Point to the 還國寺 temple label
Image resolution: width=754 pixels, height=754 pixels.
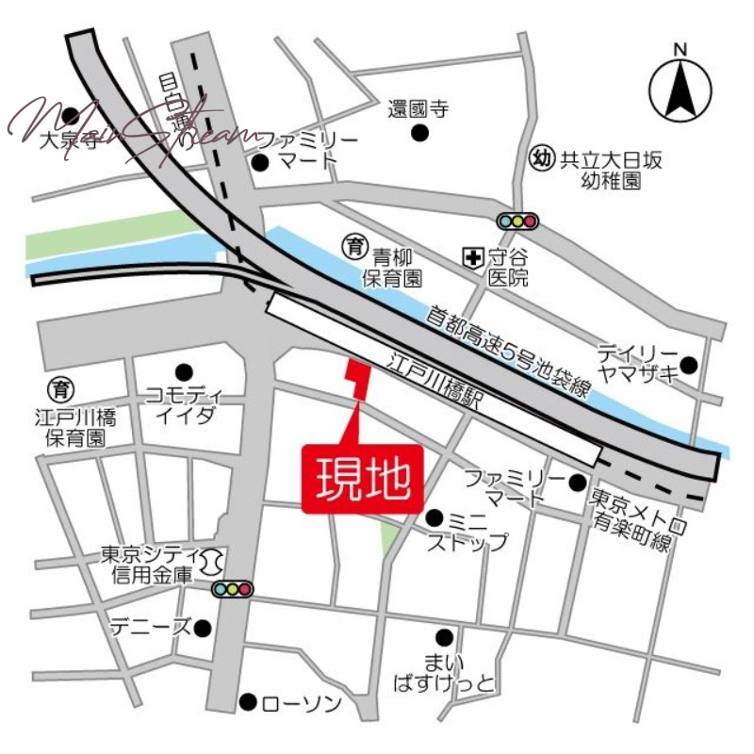[x=418, y=109]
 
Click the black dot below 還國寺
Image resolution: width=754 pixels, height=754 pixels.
[x=419, y=133]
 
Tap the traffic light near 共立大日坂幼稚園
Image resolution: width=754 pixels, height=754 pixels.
[x=517, y=221]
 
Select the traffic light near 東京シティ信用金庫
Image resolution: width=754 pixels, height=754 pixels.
[x=232, y=589]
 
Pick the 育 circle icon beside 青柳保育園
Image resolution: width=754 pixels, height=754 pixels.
[x=354, y=247]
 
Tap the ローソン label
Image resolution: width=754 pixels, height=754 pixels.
[x=292, y=703]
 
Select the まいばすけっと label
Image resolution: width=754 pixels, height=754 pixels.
[x=446, y=671]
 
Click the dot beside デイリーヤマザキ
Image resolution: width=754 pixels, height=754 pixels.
[x=690, y=365]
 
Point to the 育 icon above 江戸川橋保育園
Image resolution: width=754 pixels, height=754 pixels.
[x=62, y=387]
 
